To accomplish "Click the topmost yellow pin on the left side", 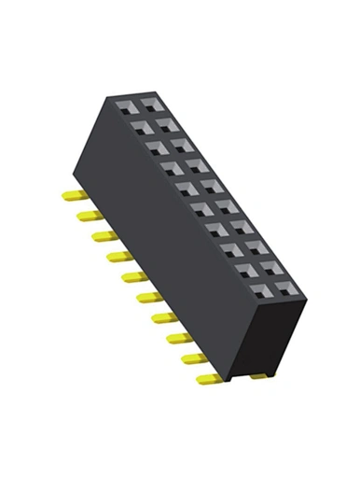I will (72, 196).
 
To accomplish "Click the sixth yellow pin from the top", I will (145, 298).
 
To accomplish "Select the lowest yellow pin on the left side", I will (207, 379).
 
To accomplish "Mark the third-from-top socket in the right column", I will (180, 142).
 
